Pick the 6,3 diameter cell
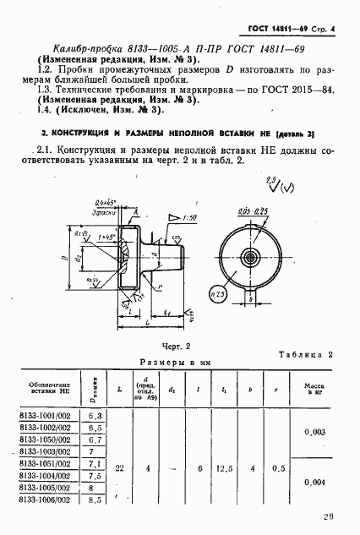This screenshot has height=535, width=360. (x=95, y=416)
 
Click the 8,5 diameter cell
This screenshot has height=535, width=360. (x=95, y=500)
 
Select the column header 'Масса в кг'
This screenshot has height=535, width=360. (x=314, y=390)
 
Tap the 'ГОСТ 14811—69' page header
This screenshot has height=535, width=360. (x=276, y=30)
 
